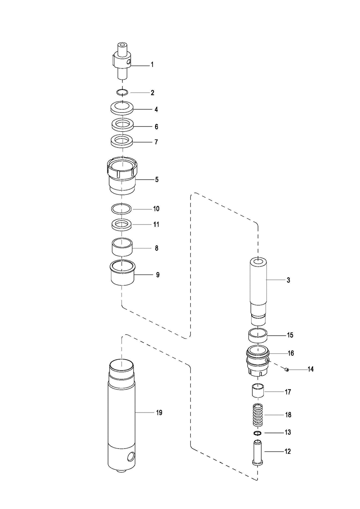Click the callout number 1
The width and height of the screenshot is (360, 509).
(x=152, y=65)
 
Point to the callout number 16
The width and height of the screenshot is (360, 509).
(x=291, y=353)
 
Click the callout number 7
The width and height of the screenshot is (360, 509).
(x=156, y=142)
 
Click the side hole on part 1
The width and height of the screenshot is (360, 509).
(x=129, y=62)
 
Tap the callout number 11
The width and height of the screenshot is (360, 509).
(x=156, y=224)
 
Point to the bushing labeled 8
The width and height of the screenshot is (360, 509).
(x=122, y=246)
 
